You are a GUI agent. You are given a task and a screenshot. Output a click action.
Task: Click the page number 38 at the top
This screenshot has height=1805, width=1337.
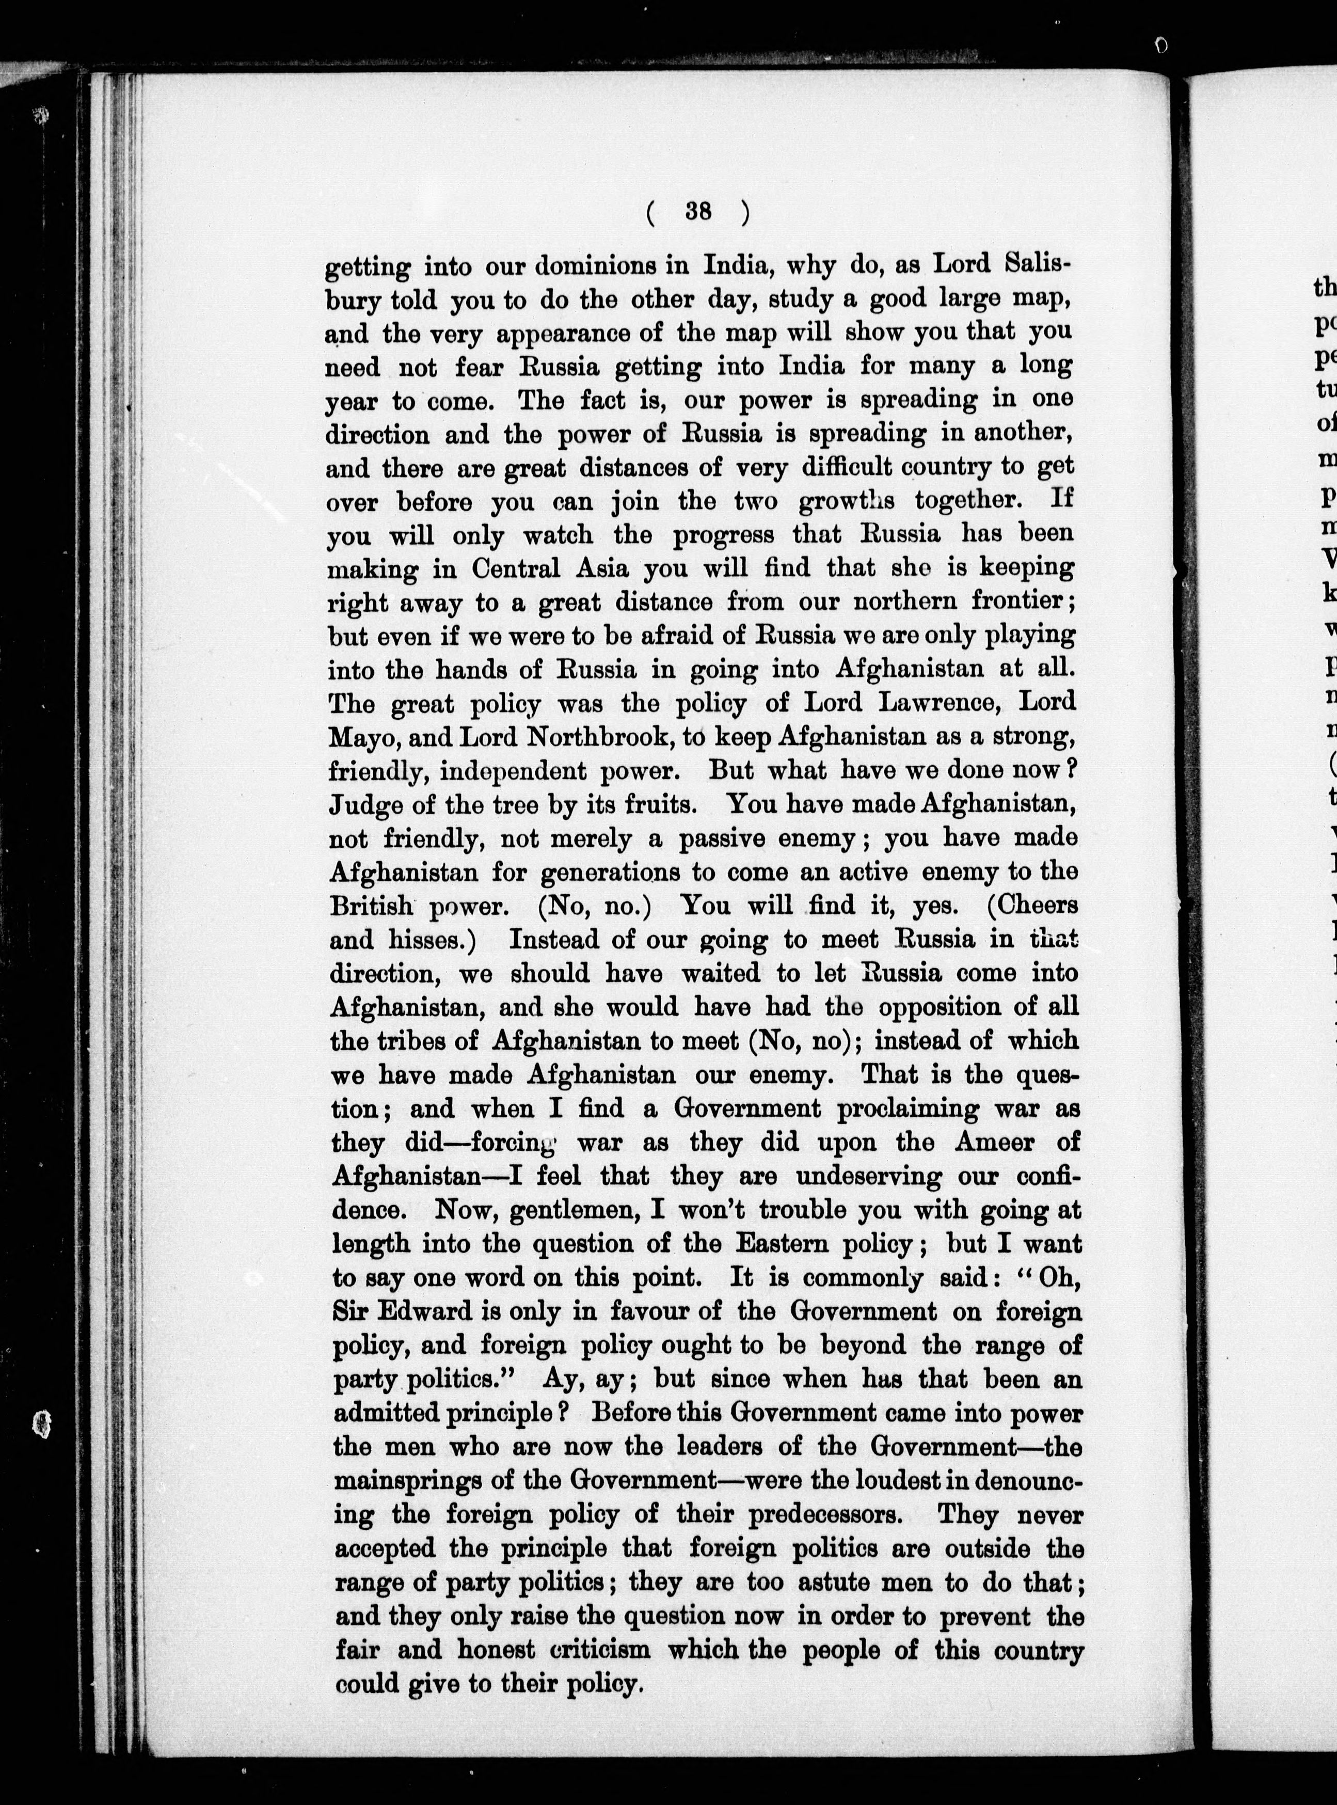(697, 212)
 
